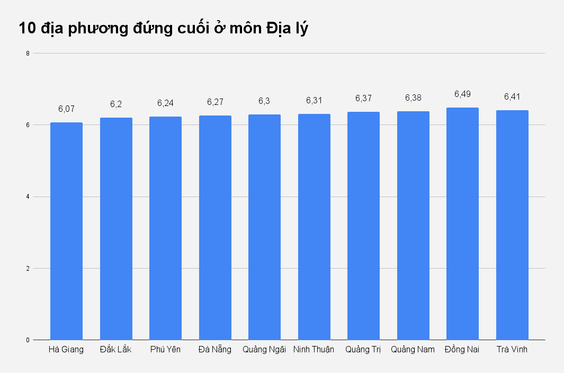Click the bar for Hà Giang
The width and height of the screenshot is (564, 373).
pyautogui.click(x=66, y=231)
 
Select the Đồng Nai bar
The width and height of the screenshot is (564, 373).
pyautogui.click(x=462, y=224)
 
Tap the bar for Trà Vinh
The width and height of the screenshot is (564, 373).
pyautogui.click(x=512, y=225)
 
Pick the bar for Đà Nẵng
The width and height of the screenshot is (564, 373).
pyautogui.click(x=215, y=228)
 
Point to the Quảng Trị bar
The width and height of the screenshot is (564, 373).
pyautogui.click(x=363, y=226)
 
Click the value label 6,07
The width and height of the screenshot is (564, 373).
pyautogui.click(x=66, y=109)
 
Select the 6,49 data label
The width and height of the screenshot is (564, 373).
pyautogui.click(x=462, y=94)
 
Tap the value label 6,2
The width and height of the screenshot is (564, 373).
pyautogui.click(x=116, y=104)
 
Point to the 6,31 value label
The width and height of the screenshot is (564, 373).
pyautogui.click(x=314, y=100)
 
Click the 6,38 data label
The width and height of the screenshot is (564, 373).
pyautogui.click(x=413, y=97)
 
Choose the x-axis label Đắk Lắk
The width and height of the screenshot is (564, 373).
pyautogui.click(x=116, y=350)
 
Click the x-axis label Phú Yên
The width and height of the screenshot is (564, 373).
pyautogui.click(x=165, y=350)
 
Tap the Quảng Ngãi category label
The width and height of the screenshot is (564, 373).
pyautogui.click(x=264, y=350)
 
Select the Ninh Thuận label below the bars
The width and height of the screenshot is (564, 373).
pyautogui.click(x=314, y=350)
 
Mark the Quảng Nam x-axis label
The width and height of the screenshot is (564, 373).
pyautogui.click(x=413, y=350)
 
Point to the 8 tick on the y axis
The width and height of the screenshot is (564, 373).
pyautogui.click(x=27, y=53)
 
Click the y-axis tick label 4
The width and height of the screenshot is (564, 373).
pyautogui.click(x=27, y=197)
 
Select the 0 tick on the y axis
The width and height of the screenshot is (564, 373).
pyautogui.click(x=27, y=340)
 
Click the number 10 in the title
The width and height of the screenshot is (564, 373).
pyautogui.click(x=28, y=28)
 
